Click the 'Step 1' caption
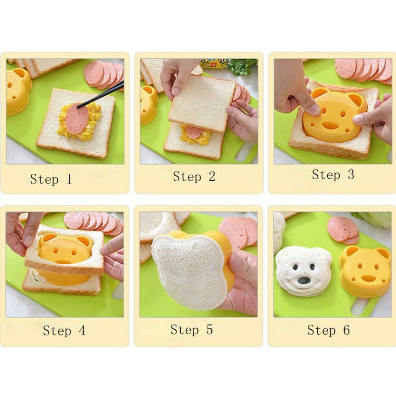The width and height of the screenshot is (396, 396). tap(51, 179)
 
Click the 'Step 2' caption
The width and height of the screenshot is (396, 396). tap(194, 177)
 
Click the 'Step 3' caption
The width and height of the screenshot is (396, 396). tap(333, 175)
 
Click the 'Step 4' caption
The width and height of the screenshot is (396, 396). tap(64, 330)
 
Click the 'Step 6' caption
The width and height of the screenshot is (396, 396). tap(329, 330)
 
